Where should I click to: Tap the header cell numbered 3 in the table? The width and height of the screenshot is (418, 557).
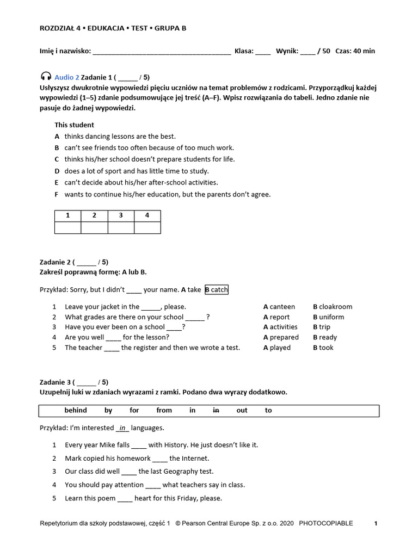point(121,215)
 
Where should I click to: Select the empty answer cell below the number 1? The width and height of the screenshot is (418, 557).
point(68,227)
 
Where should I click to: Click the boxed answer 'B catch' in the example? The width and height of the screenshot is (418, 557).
point(217,290)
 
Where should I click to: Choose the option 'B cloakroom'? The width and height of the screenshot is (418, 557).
point(333,307)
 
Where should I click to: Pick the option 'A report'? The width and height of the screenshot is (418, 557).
point(276,317)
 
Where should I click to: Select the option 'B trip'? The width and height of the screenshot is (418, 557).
point(322,327)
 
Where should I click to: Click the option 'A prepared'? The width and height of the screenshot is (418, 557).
point(281,337)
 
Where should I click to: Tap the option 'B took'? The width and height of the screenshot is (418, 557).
point(323,348)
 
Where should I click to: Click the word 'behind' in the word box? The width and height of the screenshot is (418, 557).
point(76,411)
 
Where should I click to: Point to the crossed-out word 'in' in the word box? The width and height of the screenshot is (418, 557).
point(216,411)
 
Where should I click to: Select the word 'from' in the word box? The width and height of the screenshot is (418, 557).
point(164,411)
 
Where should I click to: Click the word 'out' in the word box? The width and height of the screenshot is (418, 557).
point(242,411)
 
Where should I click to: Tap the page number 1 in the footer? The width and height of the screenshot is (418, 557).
point(376,523)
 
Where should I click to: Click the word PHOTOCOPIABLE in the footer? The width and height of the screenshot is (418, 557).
point(326,523)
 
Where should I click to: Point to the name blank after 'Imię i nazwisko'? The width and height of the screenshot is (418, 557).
point(162,51)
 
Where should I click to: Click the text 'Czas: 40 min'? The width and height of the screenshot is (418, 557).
point(355,51)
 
